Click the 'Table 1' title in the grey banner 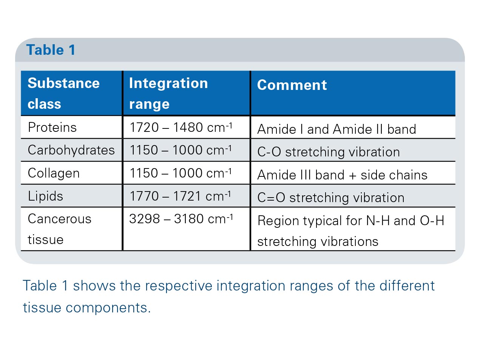(51, 49)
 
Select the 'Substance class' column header (64, 93)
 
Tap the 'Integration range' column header (168, 93)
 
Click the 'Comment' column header (292, 85)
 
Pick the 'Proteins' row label (52, 127)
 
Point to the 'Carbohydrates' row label (71, 150)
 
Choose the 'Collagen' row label (54, 173)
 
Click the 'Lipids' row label (45, 196)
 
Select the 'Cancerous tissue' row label (59, 229)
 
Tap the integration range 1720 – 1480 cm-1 (181, 127)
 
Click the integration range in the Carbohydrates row (181, 150)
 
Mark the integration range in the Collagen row (181, 173)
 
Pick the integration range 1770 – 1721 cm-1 (181, 196)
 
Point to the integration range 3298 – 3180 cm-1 (181, 219)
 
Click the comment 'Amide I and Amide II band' (337, 129)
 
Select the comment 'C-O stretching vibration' (329, 152)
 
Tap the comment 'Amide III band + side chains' (343, 175)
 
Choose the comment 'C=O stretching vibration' (331, 198)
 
